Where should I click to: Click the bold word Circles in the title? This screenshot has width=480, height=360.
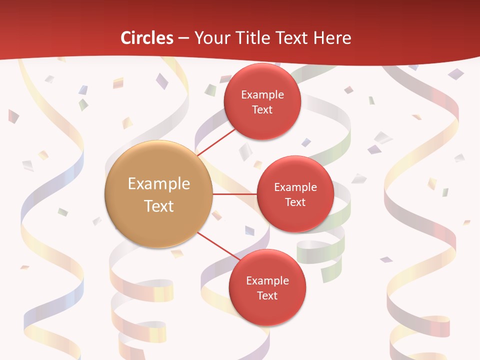147,38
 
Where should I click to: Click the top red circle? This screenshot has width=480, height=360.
262,122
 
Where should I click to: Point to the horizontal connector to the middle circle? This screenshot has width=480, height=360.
234,194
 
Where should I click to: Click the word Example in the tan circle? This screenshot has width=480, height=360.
159,184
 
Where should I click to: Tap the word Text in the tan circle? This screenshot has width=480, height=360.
159,206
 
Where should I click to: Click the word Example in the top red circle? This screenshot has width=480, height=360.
262,95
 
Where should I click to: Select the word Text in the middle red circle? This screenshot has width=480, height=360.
295,202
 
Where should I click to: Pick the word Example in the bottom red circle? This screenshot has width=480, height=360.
267,281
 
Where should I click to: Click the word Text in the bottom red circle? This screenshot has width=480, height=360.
267,296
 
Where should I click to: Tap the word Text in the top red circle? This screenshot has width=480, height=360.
262,110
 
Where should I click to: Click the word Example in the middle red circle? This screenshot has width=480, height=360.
295,187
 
